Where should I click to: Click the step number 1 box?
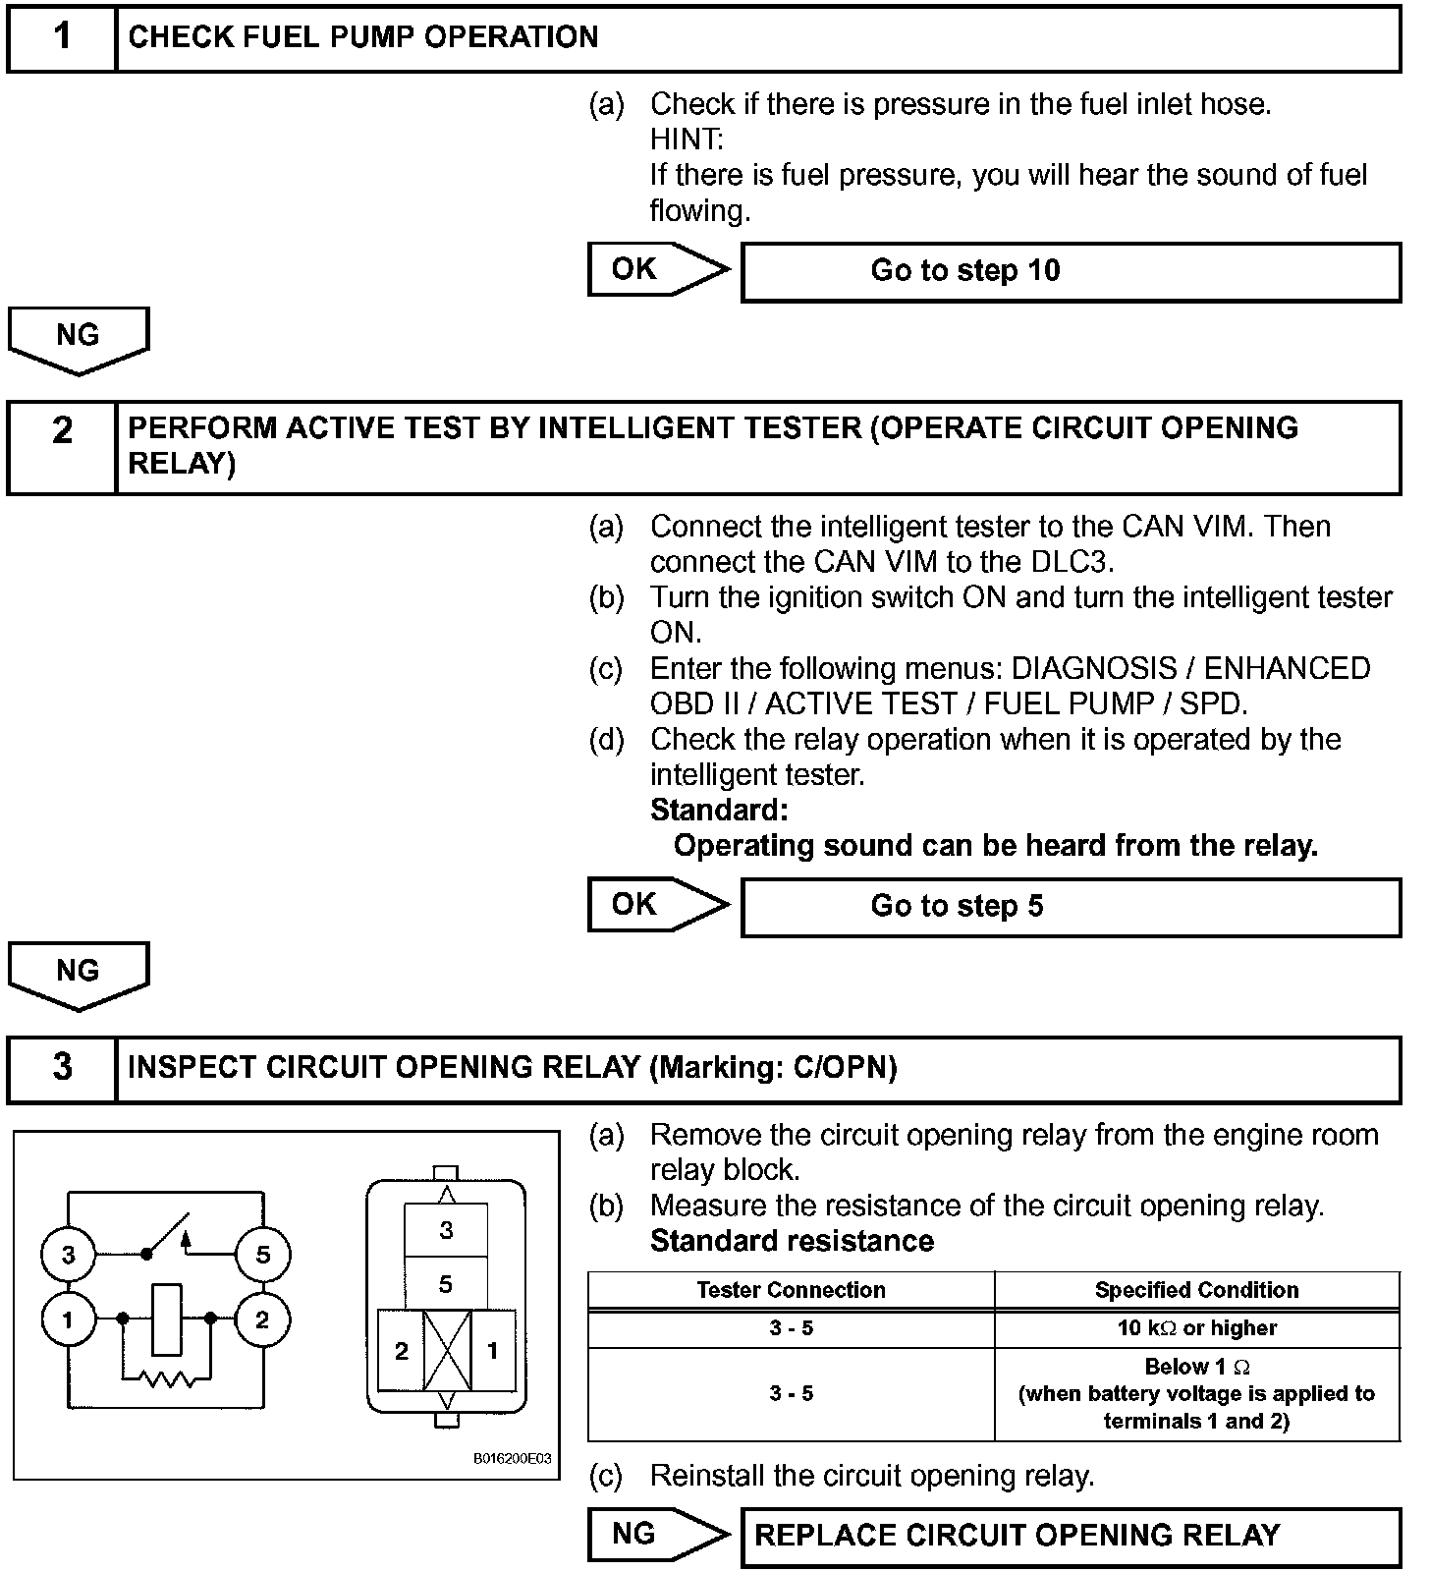coord(62,37)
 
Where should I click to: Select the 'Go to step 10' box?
coord(1071,271)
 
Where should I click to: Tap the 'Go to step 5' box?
coord(1071,907)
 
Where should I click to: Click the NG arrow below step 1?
coord(78,338)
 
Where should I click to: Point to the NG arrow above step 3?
coord(78,974)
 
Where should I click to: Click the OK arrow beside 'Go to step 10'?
coord(657,269)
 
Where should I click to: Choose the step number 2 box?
coord(62,446)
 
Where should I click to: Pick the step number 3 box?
coord(62,1068)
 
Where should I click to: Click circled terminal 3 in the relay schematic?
coord(68,1255)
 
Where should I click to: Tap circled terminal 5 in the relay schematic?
coord(262,1255)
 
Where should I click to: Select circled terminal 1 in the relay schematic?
coord(68,1319)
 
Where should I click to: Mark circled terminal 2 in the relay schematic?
coord(262,1319)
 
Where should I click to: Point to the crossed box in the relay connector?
coord(447,1351)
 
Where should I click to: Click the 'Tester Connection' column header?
coord(791,1290)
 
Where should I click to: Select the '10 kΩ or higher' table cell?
coord(1196,1328)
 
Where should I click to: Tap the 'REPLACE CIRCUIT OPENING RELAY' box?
coord(1071,1537)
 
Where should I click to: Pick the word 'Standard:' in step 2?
coord(719,811)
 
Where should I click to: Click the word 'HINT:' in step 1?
coord(687,140)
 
